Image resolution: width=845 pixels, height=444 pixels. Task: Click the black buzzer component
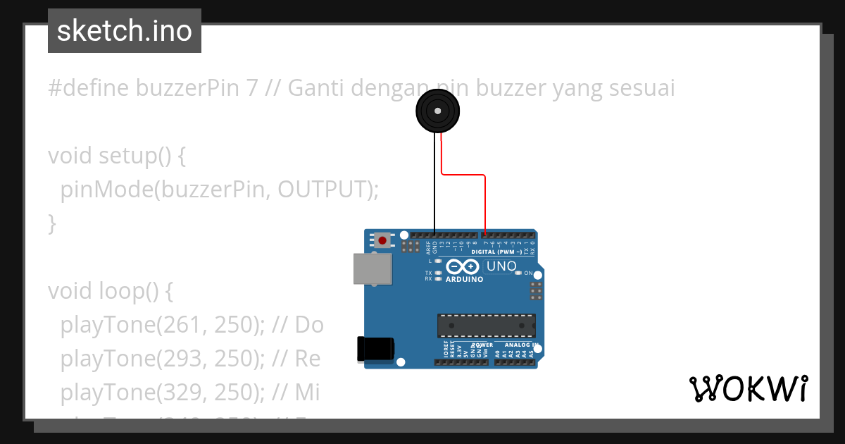coord(437,112)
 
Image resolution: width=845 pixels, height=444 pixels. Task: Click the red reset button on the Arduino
coord(382,240)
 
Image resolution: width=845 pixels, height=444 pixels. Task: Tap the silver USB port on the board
coord(372,269)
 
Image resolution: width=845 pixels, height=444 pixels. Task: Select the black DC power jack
coord(375,350)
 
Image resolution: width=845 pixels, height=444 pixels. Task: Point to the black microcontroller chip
coord(486,326)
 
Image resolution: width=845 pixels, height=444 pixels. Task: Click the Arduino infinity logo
coord(464,267)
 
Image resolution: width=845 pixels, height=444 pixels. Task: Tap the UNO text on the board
coord(501,266)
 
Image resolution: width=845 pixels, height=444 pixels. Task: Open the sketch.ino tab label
coord(125,31)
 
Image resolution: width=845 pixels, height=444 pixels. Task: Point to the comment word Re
coord(307,358)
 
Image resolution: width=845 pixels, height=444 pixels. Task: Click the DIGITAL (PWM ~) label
coord(496,252)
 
